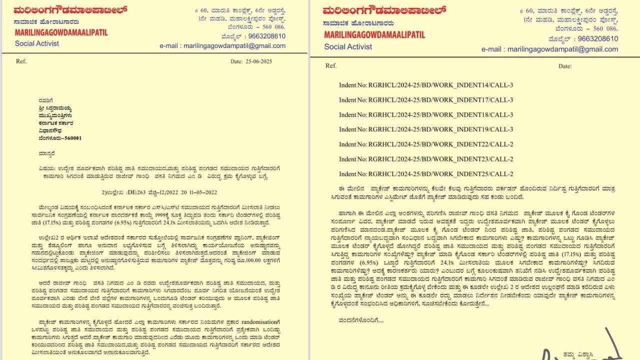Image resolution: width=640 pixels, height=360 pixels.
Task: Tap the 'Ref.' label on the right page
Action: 331,66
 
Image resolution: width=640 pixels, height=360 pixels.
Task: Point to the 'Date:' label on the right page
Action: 564,66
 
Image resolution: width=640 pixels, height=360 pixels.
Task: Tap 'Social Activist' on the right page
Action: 348,46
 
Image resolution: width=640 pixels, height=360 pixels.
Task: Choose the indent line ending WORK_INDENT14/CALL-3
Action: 426,85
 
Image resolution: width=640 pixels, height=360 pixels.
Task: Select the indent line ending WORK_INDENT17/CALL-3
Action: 426,100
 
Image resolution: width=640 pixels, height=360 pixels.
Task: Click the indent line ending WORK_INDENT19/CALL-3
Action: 426,129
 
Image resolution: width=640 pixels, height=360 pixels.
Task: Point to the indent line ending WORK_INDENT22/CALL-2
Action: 426,144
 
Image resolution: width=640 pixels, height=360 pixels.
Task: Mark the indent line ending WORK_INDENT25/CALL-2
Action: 426,174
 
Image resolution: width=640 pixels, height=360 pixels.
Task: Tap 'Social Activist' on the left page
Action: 37,43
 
